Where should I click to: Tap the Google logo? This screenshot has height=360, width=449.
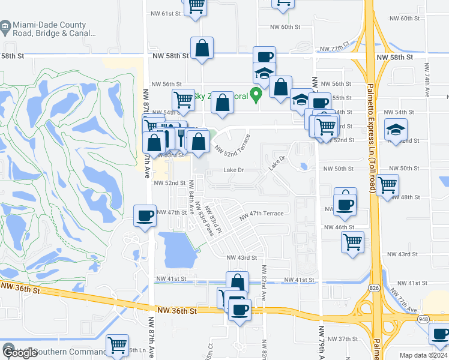tap(20, 353)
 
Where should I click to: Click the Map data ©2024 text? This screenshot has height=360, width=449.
tap(423, 355)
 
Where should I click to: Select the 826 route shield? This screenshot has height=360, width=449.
tap(374, 288)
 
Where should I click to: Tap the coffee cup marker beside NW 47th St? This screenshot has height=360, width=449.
tap(145, 216)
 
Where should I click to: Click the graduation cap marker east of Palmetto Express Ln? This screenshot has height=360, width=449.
tap(396, 131)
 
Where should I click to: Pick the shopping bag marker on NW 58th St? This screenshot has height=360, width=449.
tap(202, 49)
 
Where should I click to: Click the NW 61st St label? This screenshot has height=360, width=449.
tap(166, 13)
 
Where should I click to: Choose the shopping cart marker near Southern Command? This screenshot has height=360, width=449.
tap(117, 345)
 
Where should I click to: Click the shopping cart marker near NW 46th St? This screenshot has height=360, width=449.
tap(352, 242)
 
